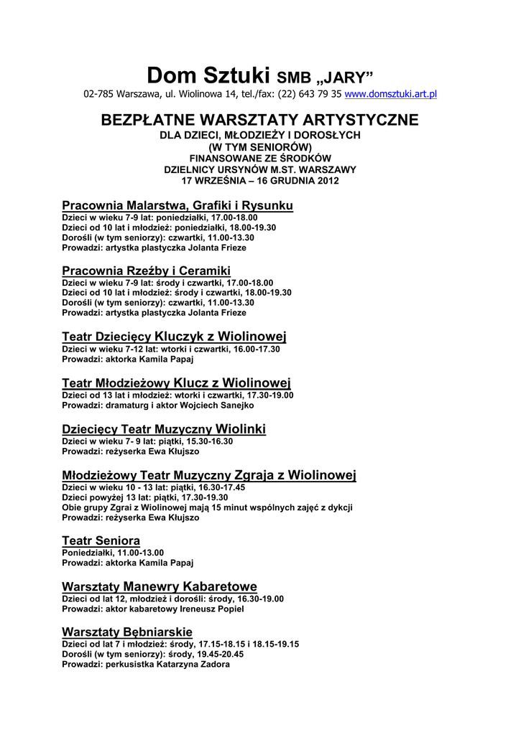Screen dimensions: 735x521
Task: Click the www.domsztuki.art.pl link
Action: click(x=391, y=94)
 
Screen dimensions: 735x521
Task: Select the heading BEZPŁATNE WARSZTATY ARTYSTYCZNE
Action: click(x=259, y=119)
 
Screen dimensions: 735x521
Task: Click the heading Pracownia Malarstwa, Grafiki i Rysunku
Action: click(x=177, y=206)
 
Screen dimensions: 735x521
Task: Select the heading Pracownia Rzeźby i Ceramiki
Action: click(x=146, y=271)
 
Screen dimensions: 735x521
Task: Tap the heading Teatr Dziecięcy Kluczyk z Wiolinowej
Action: click(x=175, y=337)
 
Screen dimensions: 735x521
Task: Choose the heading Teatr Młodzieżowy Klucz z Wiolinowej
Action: click(x=176, y=383)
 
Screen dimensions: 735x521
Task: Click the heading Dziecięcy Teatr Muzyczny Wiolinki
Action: click(x=164, y=429)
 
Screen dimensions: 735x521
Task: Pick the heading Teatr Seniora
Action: click(x=101, y=540)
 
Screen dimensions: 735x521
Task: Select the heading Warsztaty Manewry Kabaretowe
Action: click(x=160, y=586)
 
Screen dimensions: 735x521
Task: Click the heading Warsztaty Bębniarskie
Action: click(x=127, y=632)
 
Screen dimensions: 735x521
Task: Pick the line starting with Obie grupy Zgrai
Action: click(x=207, y=507)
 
